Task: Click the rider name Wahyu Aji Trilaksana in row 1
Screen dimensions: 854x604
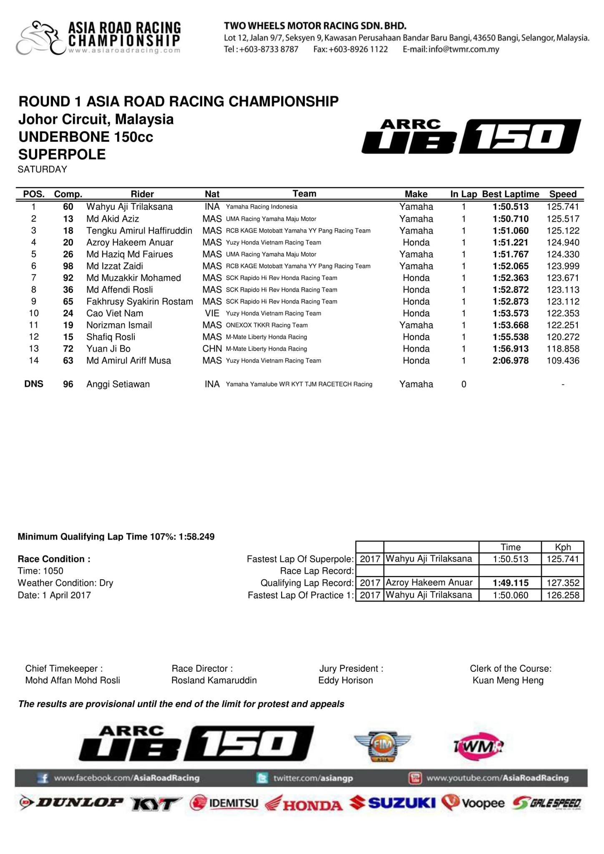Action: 129,207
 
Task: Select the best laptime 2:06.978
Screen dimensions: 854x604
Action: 510,361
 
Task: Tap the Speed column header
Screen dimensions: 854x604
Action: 562,194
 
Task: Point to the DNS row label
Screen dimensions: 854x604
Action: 34,384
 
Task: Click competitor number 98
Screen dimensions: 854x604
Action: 68,266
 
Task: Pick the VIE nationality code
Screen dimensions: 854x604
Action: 212,313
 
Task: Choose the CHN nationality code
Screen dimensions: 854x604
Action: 212,349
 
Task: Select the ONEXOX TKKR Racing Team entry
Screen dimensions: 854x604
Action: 267,325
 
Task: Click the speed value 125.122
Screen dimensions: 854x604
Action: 563,231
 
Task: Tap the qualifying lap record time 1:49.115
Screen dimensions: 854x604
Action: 510,583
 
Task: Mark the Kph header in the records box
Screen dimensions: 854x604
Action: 562,547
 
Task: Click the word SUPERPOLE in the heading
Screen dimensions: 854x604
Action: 62,154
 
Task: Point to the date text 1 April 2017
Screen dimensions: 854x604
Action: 66,595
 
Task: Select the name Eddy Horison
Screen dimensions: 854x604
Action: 345,681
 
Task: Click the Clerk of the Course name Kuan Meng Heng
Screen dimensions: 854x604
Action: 508,681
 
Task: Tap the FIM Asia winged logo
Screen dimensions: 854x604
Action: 383,746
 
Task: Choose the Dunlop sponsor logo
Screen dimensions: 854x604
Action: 72,803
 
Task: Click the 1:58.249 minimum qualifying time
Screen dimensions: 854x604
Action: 196,537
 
